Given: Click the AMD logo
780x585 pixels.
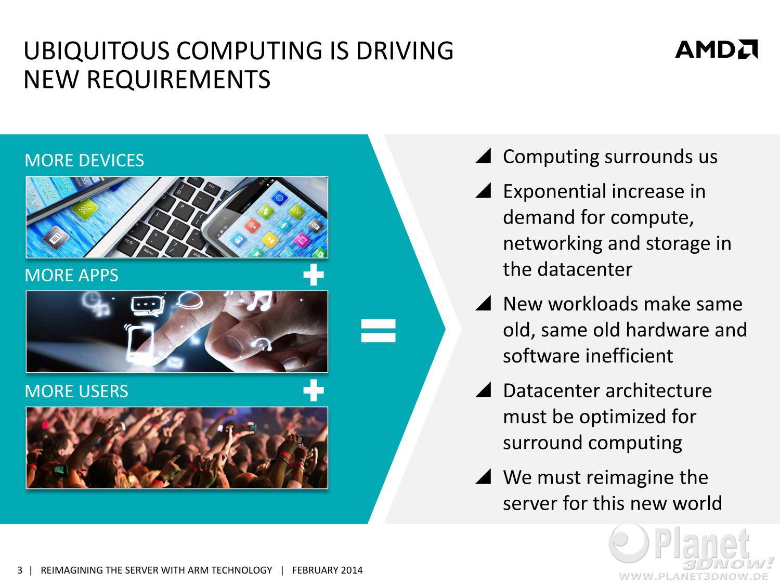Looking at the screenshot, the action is tap(716, 49).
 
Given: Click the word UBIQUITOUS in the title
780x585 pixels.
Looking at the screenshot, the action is tap(96, 51).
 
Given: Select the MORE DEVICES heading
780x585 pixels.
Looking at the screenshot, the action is tap(84, 160).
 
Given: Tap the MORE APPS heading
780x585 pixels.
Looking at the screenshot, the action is tap(71, 275).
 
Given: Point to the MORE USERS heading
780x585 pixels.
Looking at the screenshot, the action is tap(76, 391).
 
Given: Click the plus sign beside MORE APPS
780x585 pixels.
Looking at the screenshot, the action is tap(314, 275).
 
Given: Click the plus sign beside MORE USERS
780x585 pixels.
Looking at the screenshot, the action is tap(314, 391).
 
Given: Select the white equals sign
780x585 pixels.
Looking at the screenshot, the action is tap(378, 330).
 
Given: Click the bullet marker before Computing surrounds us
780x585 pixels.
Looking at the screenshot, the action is tap(483, 155).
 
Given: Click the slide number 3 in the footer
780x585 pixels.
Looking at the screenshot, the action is tap(20, 570).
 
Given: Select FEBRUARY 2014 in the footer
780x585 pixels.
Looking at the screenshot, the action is tap(327, 570).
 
